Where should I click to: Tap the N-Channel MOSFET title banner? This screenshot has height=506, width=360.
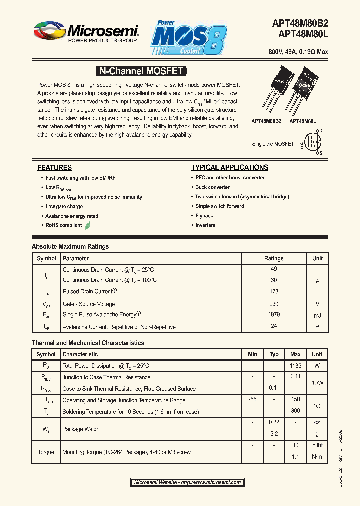click(141, 71)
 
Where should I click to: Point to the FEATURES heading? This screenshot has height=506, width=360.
click(55, 168)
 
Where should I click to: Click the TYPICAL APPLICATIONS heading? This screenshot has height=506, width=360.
click(230, 168)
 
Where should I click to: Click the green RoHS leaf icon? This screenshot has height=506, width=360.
click(88, 225)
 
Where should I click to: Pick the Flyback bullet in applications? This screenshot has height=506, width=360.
click(204, 216)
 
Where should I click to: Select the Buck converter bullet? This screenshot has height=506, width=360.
click(213, 187)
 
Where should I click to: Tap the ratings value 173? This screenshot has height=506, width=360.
click(274, 291)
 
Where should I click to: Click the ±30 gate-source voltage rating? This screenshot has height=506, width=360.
click(274, 304)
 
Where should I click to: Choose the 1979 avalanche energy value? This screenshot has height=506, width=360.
click(274, 315)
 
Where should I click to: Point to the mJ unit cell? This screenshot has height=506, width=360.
click(317, 315)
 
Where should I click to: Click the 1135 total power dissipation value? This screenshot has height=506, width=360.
click(295, 366)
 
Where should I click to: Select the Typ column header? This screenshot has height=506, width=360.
click(274, 354)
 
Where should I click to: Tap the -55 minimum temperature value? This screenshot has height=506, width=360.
click(252, 399)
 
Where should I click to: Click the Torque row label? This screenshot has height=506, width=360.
click(46, 452)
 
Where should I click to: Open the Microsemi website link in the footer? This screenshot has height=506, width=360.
click(188, 483)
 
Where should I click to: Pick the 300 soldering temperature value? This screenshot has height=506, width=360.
click(295, 411)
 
